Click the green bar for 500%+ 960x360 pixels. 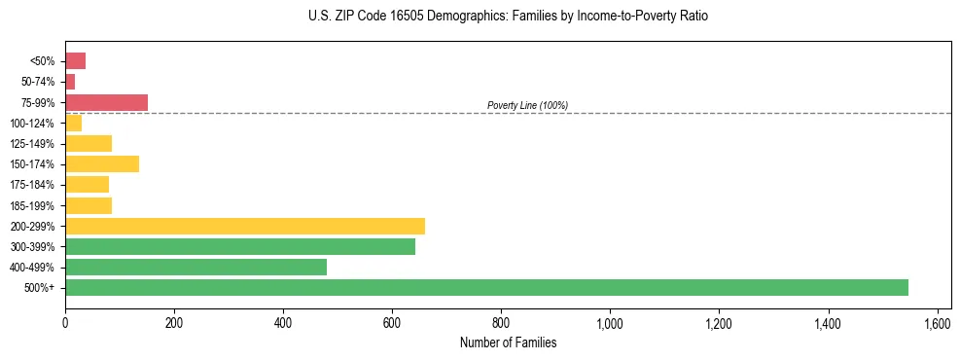[x=486, y=287]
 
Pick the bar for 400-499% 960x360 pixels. [x=196, y=267]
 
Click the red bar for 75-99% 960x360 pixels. [x=106, y=102]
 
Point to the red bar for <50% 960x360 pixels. [x=75, y=61]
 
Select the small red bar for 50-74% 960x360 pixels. [x=70, y=82]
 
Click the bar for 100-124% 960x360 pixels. [x=73, y=123]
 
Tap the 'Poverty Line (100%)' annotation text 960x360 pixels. [x=527, y=105]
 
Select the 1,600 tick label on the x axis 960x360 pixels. [x=937, y=323]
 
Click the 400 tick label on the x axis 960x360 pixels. [x=283, y=323]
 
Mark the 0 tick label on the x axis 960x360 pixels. [x=65, y=323]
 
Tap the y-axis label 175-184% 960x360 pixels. [x=32, y=185]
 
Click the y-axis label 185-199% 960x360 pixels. [x=32, y=205]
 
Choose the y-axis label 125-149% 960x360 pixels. [x=32, y=144]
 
